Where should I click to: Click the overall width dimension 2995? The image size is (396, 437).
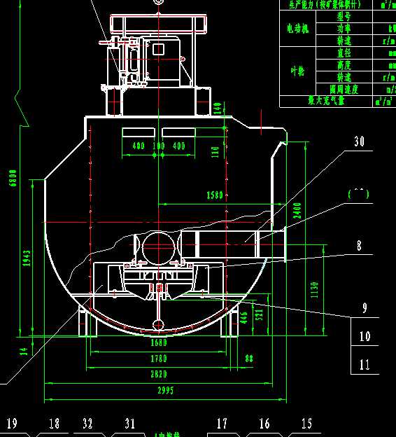point(165,390)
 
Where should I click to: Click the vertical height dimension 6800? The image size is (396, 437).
point(12,178)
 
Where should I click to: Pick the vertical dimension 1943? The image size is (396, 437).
point(27,258)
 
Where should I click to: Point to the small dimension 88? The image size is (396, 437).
point(248,359)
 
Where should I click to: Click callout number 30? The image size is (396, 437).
point(360,141)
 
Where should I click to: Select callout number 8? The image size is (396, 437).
point(360,246)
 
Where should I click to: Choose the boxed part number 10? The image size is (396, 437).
point(365,337)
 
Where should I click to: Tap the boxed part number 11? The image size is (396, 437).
point(365,364)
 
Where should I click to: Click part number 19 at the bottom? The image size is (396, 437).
point(12,423)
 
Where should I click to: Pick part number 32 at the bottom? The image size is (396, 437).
point(87,423)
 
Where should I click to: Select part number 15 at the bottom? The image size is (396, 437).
point(306,423)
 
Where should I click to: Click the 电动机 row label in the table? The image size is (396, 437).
point(297,29)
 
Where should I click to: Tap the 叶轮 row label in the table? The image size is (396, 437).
point(297,71)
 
